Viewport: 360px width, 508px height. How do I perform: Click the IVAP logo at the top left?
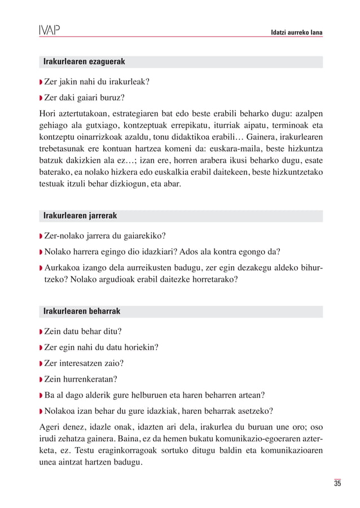click(x=49, y=29)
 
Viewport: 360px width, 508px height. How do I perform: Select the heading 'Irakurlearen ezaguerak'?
click(x=84, y=61)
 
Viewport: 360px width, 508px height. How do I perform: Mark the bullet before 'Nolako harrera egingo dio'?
click(x=41, y=251)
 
